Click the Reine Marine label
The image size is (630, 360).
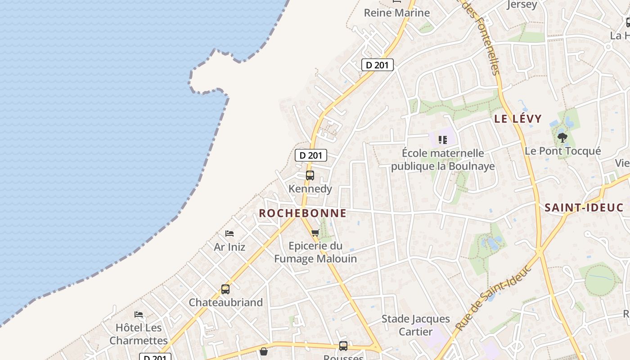(396, 13)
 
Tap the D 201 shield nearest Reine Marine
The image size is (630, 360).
(378, 65)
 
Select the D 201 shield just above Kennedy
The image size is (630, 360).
(310, 155)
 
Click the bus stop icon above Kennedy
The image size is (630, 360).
(310, 175)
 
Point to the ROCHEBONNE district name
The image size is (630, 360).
(302, 213)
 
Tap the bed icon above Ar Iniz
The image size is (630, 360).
(229, 234)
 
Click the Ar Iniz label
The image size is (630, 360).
(229, 247)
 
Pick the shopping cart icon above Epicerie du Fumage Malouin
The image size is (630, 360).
(315, 233)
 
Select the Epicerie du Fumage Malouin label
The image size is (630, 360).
(315, 252)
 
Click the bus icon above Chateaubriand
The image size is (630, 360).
(225, 289)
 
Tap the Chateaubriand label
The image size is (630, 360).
(225, 302)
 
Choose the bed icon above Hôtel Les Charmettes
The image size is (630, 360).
(139, 314)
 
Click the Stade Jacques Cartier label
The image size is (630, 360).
(416, 325)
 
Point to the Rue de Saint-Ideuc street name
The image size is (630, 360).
(493, 298)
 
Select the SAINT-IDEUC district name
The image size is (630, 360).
(584, 208)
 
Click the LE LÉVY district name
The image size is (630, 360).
(518, 119)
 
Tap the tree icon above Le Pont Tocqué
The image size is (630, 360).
(562, 138)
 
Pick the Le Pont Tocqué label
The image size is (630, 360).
(562, 151)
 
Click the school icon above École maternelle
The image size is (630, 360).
(443, 140)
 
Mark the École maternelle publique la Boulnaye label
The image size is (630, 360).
(443, 160)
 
